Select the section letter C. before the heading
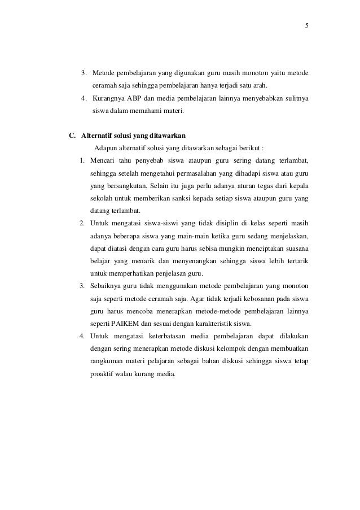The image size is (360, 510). click(72, 136)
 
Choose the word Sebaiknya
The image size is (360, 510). click(108, 286)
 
